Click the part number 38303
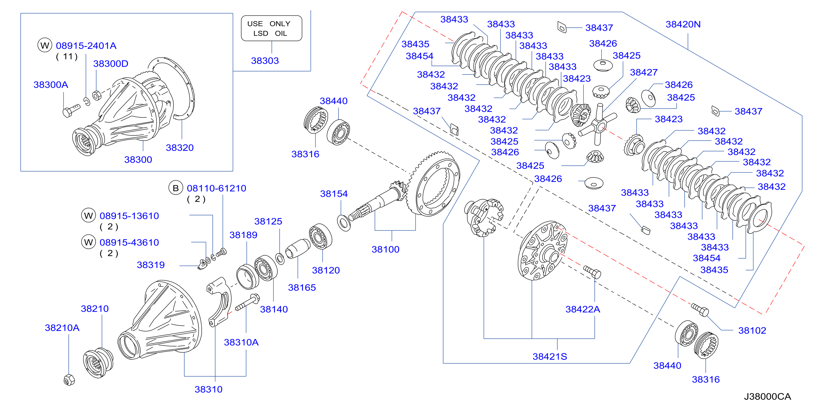point(265,61)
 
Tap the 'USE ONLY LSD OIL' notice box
point(271,28)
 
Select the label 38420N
point(683,24)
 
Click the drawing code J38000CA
point(767,396)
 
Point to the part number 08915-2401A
point(86,46)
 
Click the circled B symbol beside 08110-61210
point(175,188)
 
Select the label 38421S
point(550,356)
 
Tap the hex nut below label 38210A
point(69,380)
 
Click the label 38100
point(385,249)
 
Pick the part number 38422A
point(583,309)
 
